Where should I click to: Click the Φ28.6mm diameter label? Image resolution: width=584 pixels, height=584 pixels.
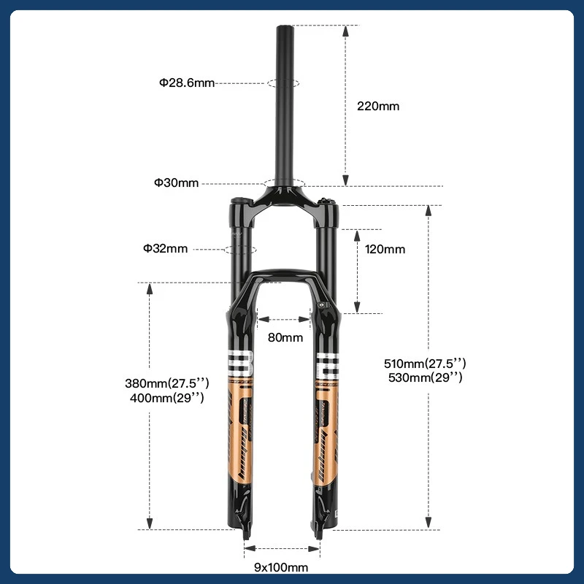click(x=187, y=83)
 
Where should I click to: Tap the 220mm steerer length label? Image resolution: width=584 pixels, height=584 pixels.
click(x=378, y=106)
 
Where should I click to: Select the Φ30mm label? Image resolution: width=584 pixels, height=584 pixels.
click(x=176, y=183)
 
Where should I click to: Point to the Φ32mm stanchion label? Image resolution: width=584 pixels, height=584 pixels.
click(x=165, y=249)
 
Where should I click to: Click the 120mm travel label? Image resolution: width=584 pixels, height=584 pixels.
click(x=385, y=250)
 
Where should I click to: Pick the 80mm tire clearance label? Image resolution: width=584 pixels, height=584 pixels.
click(x=285, y=337)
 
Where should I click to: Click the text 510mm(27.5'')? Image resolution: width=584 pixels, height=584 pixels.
click(x=425, y=363)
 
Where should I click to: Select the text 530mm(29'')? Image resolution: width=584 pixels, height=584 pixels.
click(x=425, y=377)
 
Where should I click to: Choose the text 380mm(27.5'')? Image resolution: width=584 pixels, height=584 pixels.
click(x=167, y=383)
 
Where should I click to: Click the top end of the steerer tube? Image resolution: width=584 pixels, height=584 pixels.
click(x=285, y=28)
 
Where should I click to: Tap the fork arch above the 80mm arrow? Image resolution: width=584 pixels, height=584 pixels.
click(x=285, y=276)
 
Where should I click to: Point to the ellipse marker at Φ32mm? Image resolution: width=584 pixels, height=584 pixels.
click(x=241, y=249)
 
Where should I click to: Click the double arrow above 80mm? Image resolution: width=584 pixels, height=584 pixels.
click(x=285, y=319)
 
